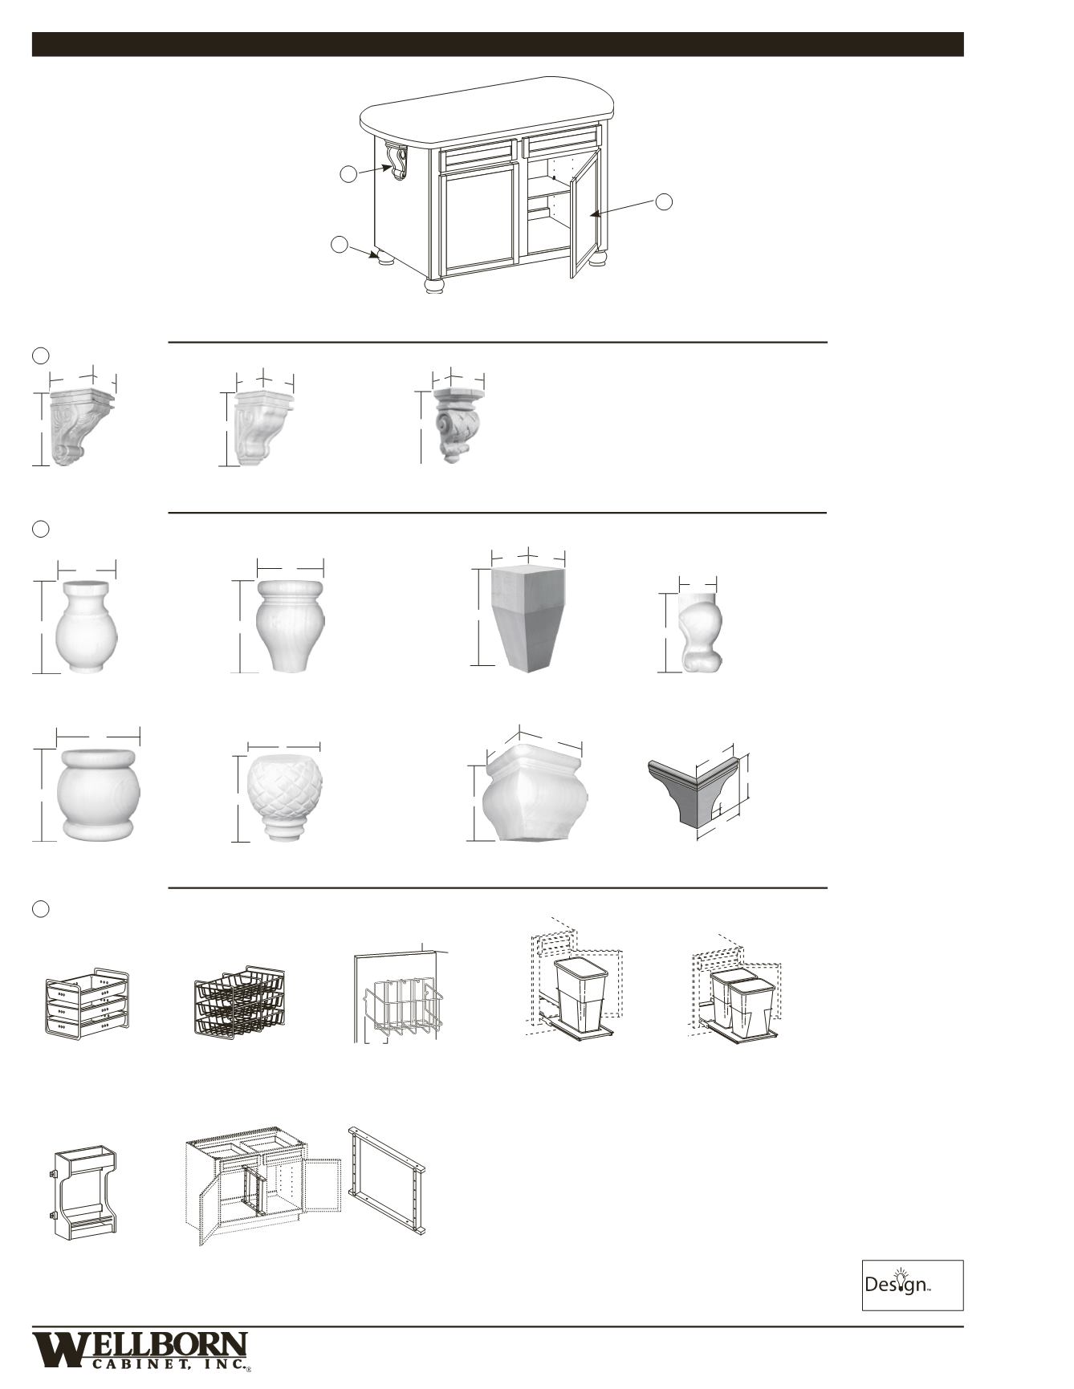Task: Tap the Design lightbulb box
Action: point(912,1285)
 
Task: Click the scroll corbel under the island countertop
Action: point(397,160)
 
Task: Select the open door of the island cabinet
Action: point(585,213)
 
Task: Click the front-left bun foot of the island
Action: point(434,286)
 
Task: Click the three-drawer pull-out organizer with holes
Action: point(87,1004)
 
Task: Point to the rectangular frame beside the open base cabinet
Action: point(387,1180)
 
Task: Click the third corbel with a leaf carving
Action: point(454,425)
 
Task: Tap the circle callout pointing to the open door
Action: point(664,201)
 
